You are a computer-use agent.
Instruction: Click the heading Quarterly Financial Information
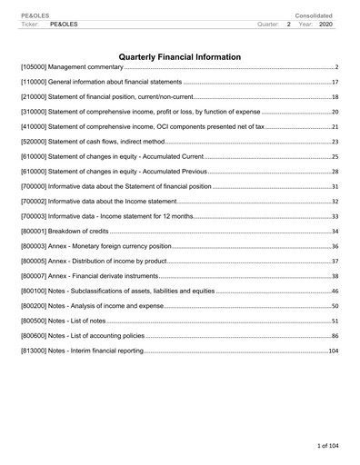click(x=180, y=57)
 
